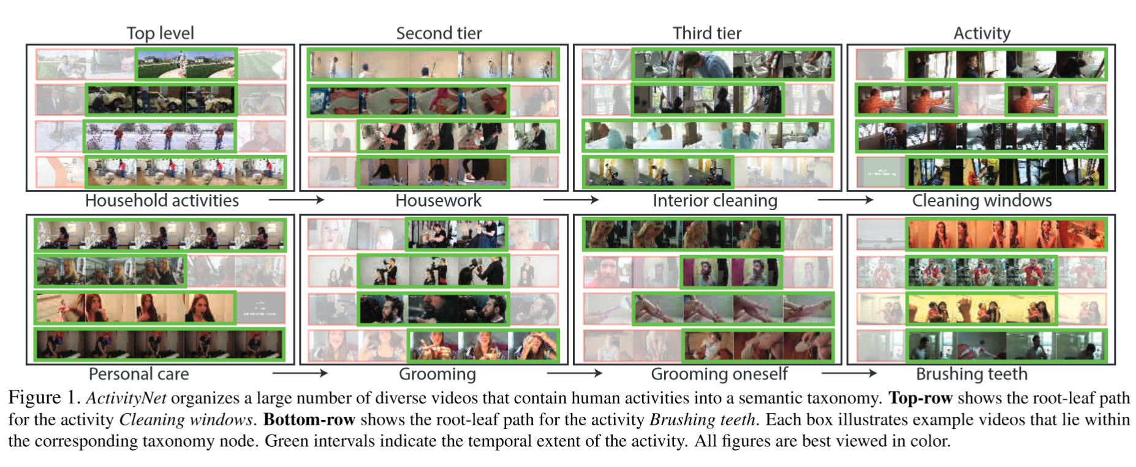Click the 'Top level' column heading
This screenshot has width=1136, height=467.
(160, 33)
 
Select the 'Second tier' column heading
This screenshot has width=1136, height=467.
(439, 33)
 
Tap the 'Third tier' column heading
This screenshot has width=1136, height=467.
(707, 33)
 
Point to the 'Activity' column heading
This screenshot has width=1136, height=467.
(982, 33)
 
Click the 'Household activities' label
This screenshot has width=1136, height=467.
(162, 201)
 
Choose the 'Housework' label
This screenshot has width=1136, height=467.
(438, 201)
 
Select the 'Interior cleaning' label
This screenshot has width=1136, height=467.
(714, 201)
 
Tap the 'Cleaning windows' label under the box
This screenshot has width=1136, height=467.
(982, 201)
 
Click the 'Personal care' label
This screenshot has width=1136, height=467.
(138, 374)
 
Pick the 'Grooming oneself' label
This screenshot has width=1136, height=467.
(719, 374)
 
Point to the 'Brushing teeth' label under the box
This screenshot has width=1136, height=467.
(971, 374)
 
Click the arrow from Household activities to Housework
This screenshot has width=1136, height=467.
(296, 200)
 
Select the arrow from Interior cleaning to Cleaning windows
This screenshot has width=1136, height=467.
(845, 200)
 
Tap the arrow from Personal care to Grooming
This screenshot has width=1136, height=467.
(300, 373)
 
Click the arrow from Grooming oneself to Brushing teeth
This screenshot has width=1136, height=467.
(849, 373)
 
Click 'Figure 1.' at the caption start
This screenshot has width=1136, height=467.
(44, 398)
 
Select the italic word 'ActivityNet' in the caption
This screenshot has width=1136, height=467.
(126, 398)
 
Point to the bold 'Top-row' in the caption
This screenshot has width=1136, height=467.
(920, 398)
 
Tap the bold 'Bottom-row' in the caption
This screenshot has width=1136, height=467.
(309, 420)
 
